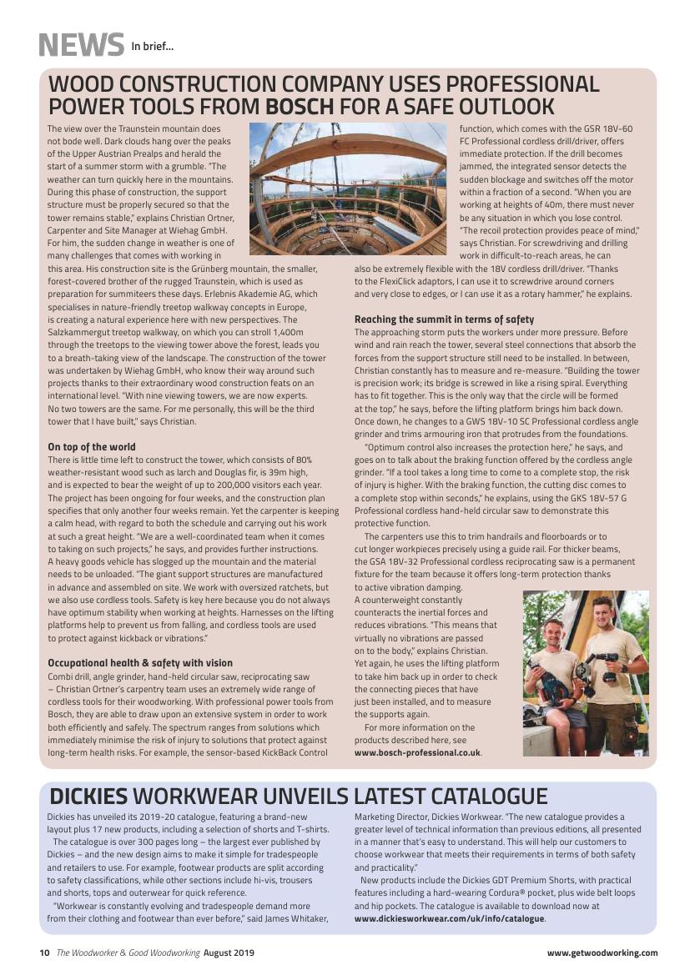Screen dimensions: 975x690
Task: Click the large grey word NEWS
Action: (x=80, y=44)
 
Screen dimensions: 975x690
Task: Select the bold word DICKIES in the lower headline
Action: (x=88, y=796)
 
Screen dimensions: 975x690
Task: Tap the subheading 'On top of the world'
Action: (x=92, y=447)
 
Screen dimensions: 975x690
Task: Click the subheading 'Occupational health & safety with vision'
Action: (x=140, y=663)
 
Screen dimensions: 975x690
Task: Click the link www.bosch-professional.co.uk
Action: (x=417, y=751)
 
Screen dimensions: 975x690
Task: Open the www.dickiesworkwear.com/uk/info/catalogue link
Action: (x=449, y=918)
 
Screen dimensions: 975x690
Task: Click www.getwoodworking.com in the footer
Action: (x=602, y=952)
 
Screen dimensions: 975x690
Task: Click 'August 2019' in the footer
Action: (x=229, y=952)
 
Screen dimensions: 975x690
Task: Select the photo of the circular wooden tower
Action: (x=348, y=188)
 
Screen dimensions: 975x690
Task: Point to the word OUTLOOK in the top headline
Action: (x=499, y=107)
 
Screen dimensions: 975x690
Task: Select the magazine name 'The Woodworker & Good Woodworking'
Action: (x=128, y=952)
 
